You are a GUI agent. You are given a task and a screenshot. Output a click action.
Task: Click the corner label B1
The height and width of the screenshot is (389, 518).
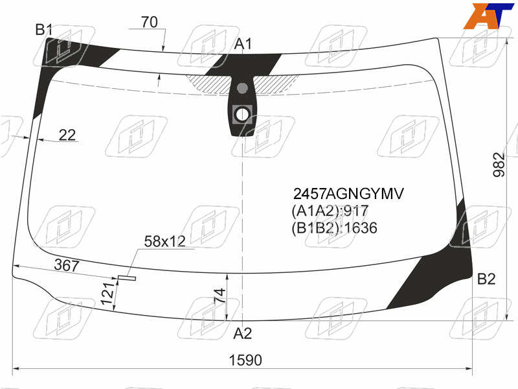44,30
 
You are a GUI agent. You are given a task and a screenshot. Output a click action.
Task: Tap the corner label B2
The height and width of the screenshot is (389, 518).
486,279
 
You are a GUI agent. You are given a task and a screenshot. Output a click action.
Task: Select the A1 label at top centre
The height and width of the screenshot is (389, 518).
243,43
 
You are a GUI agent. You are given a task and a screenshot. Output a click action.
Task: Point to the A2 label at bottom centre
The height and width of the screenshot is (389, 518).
242,333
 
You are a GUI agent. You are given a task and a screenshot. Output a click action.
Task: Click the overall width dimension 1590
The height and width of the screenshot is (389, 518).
245,360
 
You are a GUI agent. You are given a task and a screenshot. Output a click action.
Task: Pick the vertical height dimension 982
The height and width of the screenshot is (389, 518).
499,165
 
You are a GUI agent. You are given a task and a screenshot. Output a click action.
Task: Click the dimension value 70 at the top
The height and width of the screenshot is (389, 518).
150,22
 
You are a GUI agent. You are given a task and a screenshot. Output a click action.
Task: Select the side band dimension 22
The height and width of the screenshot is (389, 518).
67,135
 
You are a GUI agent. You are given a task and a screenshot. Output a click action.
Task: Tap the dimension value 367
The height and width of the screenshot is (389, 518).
67,265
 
